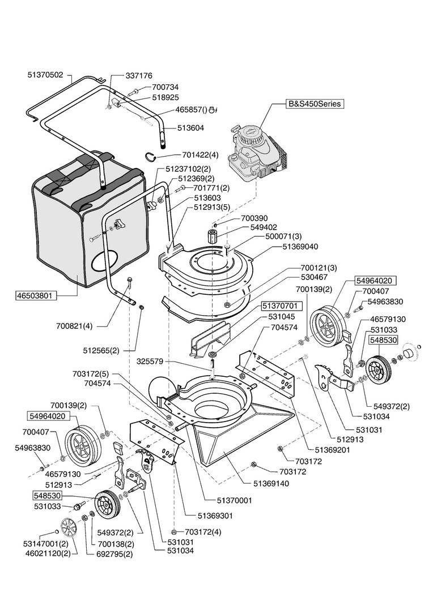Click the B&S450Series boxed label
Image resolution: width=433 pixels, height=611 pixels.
315,104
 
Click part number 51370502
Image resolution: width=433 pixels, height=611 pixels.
46,75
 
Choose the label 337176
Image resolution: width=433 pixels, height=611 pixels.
139,75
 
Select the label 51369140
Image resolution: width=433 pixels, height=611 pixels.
271,484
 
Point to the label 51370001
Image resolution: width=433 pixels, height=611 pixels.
235,501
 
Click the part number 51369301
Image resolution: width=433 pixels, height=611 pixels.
215,516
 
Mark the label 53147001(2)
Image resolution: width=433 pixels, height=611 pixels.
46,543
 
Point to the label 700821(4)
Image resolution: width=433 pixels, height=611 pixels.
74,326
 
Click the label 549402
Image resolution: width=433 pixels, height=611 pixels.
264,227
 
